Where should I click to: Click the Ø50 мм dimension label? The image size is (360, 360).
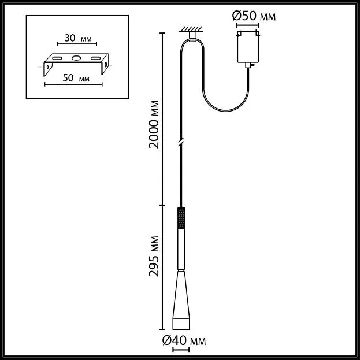click(254, 16)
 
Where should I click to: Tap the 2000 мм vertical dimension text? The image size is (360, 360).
click(154, 124)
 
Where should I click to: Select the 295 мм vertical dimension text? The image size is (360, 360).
click(154, 256)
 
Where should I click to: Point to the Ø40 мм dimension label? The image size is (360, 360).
click(184, 340)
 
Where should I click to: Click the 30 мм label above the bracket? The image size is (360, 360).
click(78, 38)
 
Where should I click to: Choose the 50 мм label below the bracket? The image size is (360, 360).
click(76, 78)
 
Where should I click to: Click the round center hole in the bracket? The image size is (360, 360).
click(76, 58)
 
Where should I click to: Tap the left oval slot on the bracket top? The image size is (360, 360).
click(57, 58)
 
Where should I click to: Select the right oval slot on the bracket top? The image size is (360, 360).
click(95, 58)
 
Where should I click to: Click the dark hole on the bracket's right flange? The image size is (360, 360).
click(106, 64)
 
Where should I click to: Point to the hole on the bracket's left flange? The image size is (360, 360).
click(47, 67)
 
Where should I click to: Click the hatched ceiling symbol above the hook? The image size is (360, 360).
click(191, 29)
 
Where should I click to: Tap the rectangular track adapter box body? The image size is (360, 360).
click(248, 47)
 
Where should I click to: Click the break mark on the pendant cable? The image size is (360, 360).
click(181, 142)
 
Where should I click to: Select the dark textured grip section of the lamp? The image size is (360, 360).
click(181, 218)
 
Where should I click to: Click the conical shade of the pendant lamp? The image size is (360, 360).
click(181, 295)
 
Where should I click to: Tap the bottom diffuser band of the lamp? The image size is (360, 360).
click(181, 324)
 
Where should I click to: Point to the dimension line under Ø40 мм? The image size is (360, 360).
click(181, 350)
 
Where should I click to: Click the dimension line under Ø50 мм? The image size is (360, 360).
click(248, 25)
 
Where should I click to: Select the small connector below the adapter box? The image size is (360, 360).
click(248, 65)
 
